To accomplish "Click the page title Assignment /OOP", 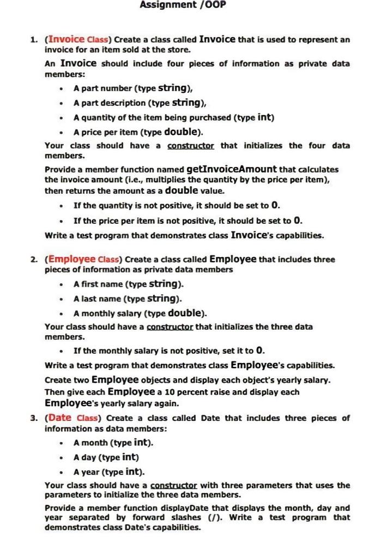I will tap(183, 5).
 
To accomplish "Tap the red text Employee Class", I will tap(85, 259).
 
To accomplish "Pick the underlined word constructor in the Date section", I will tap(174, 485).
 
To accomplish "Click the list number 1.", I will tap(33, 40).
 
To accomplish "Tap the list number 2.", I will tap(33, 259).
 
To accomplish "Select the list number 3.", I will tap(33, 419).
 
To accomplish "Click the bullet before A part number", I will tap(63, 88).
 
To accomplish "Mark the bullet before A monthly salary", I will tap(63, 313).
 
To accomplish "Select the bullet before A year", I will tap(63, 472).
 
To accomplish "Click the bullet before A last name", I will tap(63, 299).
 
